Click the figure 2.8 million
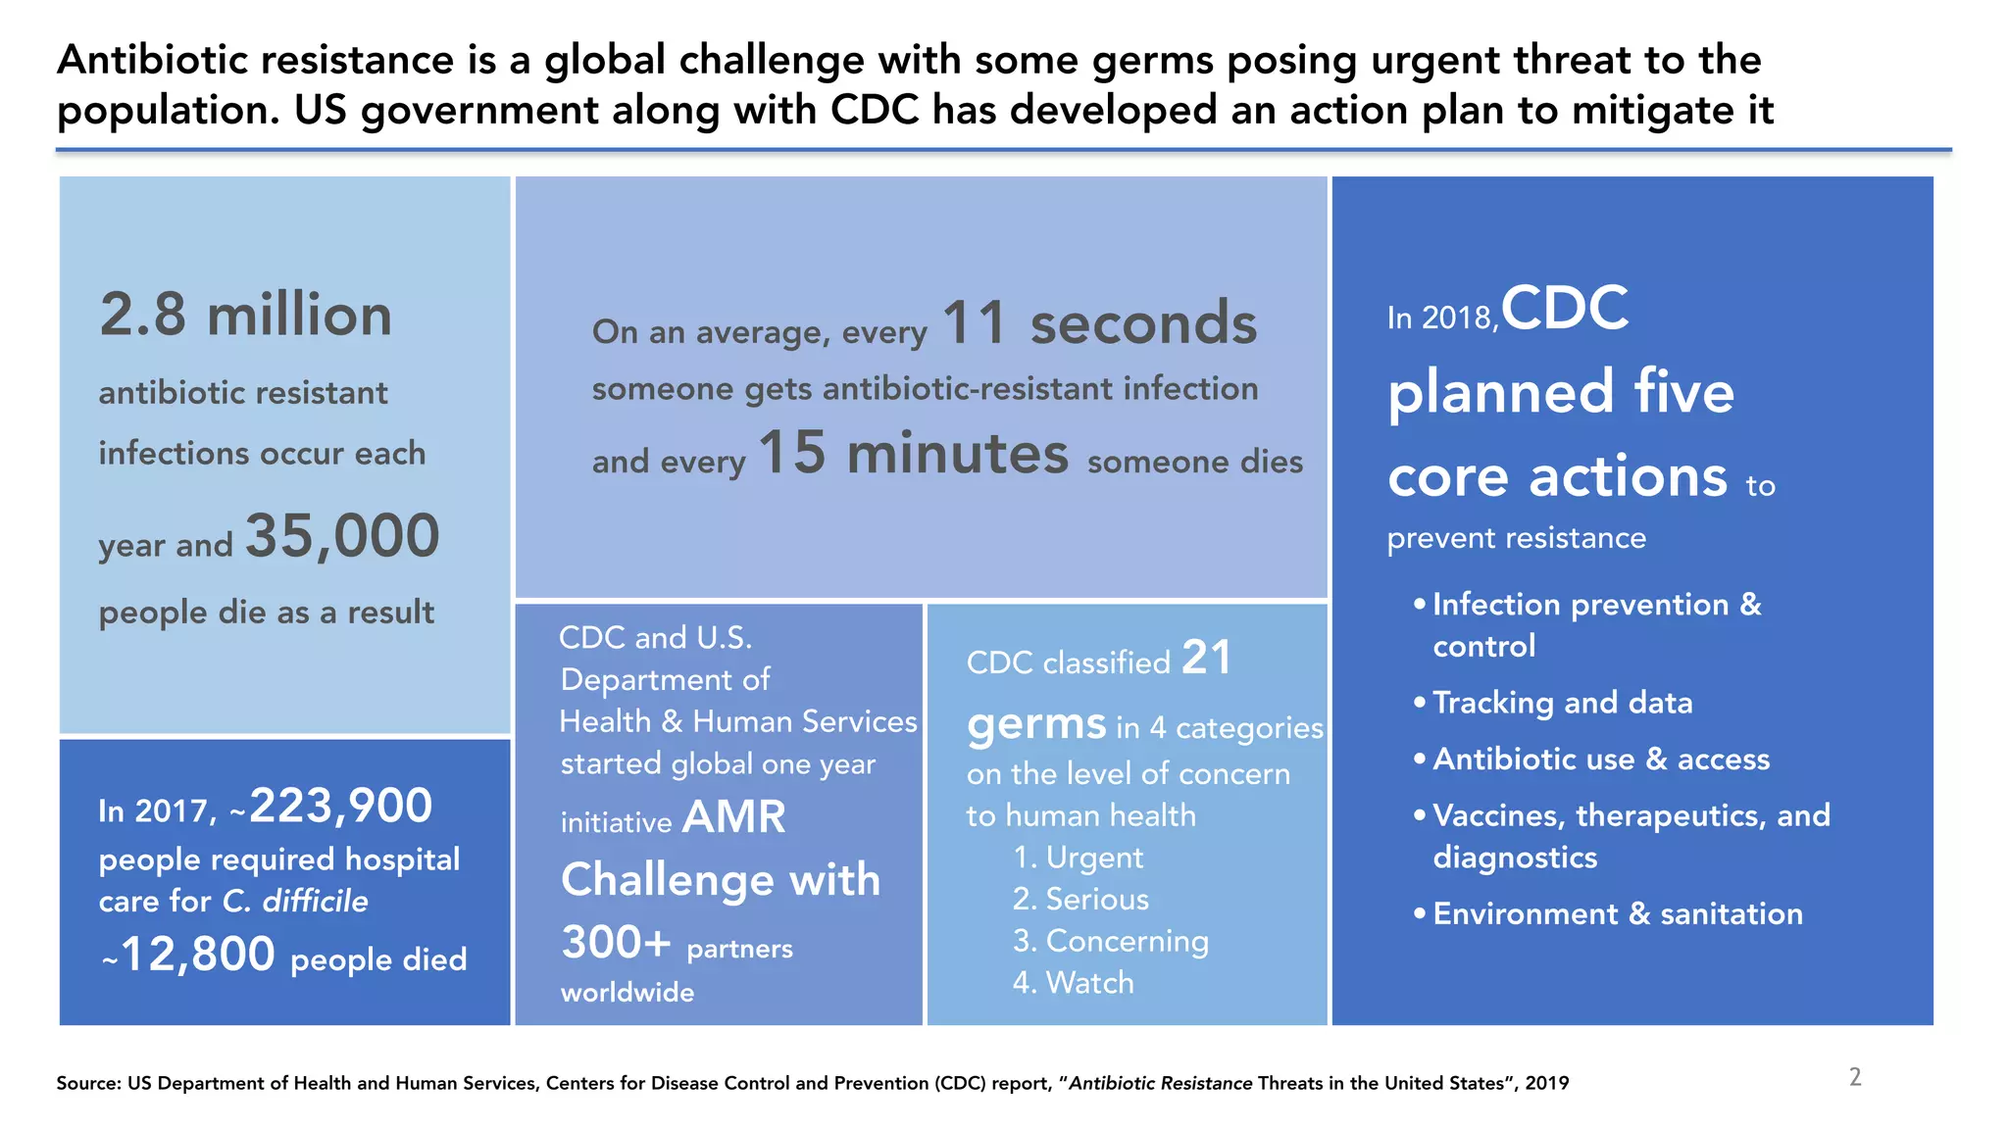245,316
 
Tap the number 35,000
342,536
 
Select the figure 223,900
341,807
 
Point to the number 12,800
198,955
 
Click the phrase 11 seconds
1099,323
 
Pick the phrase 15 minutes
913,454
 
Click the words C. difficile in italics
295,902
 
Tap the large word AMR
733,817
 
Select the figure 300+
616,943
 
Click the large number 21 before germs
1206,658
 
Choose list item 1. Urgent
1078,858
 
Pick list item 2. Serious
1080,900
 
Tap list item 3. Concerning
1110,941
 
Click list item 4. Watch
1073,983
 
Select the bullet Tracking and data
1562,703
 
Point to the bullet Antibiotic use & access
1600,760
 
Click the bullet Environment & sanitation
1617,914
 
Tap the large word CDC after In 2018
1565,309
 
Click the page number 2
1855,1078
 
